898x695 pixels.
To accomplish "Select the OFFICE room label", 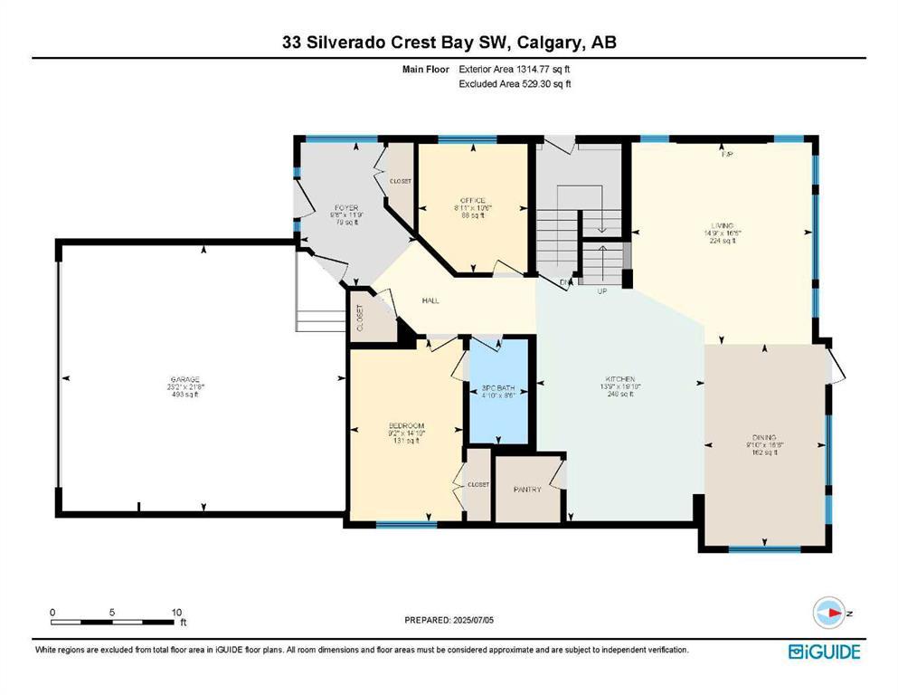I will (x=472, y=200).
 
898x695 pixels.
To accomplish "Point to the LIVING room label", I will (x=721, y=225).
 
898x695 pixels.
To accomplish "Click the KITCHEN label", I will (x=619, y=378).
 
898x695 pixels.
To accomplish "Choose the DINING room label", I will (x=764, y=437).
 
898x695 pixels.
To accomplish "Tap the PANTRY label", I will (x=527, y=490).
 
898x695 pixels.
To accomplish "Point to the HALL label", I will (x=430, y=300).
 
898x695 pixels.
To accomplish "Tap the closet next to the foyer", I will (x=400, y=181).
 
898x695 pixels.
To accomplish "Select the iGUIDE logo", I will (x=823, y=651).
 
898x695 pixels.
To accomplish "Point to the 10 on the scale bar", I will (x=177, y=612).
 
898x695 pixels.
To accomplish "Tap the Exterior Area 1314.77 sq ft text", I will (x=515, y=69).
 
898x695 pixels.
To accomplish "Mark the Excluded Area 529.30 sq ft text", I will (x=515, y=84).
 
